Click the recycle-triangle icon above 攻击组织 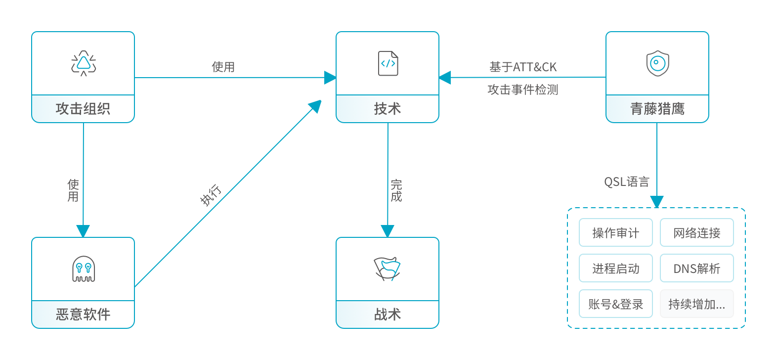[84, 63]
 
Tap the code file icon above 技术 [388, 63]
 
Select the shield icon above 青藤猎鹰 [657, 63]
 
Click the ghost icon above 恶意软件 [84, 269]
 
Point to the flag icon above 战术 [387, 269]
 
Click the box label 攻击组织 [83, 109]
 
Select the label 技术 [388, 109]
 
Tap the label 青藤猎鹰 [657, 109]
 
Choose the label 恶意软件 [83, 315]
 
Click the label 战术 [388, 315]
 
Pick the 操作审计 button [616, 232]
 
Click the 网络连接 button [697, 232]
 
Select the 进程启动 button [616, 268]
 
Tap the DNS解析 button [697, 268]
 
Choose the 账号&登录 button [616, 304]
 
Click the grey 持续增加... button [697, 304]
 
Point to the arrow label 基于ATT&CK [523, 67]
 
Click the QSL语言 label [627, 182]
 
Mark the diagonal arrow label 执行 [211, 194]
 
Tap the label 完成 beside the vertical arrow [396, 190]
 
